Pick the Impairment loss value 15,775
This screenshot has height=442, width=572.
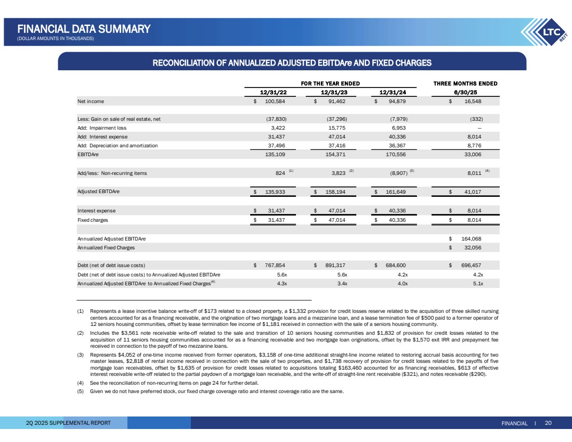[336, 128]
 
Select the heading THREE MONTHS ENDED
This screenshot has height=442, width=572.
[465, 83]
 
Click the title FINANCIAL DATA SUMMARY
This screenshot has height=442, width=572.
[84, 29]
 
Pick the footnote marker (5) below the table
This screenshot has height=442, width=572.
[81, 392]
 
